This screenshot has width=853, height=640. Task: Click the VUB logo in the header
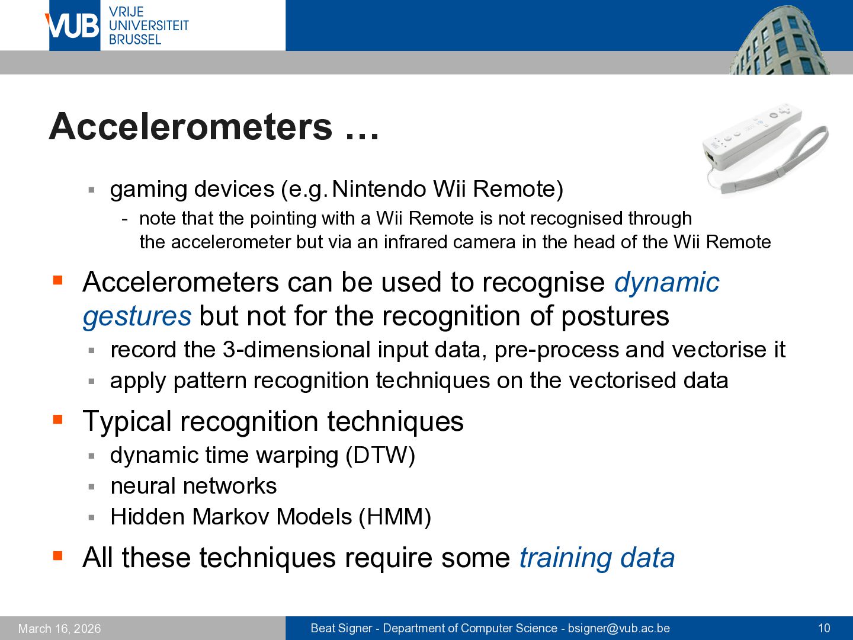74,25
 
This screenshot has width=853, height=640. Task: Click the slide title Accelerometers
190,127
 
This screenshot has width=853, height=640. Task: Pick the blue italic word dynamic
667,283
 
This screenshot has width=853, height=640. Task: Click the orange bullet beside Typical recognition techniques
58,420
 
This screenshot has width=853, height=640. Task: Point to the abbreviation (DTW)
380,456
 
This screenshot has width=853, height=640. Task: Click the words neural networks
194,486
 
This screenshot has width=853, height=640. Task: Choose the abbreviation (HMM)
395,517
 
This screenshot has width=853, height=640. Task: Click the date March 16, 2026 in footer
59,628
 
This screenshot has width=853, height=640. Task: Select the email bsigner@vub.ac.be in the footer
618,628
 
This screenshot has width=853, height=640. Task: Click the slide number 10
824,628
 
